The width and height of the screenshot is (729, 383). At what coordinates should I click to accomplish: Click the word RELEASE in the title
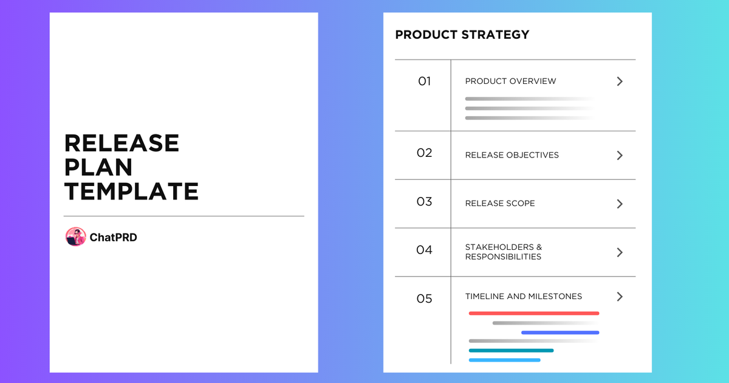click(122, 143)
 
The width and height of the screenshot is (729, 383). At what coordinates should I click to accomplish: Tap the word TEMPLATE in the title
click(131, 191)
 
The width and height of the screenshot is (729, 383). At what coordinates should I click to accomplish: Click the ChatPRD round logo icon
click(75, 237)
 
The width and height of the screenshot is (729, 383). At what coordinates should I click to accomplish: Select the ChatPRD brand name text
click(114, 238)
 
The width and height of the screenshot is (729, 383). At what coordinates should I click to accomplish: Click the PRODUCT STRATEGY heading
click(462, 35)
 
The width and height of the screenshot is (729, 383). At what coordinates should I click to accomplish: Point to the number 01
click(424, 81)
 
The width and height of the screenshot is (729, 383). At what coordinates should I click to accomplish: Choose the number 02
click(424, 153)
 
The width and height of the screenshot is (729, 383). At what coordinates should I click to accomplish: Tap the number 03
click(424, 202)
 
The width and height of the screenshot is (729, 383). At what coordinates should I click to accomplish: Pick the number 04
click(424, 250)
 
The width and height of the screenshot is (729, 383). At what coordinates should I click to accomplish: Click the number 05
click(424, 298)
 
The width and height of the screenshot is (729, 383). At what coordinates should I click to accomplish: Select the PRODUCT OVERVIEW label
click(510, 81)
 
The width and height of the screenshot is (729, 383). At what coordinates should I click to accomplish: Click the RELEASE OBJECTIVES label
click(512, 155)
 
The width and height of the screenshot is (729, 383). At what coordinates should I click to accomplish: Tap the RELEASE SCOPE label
click(500, 204)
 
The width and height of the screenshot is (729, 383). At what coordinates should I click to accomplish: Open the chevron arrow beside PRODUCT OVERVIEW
click(620, 81)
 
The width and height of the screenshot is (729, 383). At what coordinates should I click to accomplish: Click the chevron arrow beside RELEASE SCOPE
click(620, 204)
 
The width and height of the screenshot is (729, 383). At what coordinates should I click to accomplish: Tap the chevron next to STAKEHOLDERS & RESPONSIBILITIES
click(620, 252)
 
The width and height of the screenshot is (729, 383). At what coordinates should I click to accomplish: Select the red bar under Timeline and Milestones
click(534, 313)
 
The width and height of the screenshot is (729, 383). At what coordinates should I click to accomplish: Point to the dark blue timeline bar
click(560, 333)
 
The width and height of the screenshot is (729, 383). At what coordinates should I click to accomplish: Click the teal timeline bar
click(511, 350)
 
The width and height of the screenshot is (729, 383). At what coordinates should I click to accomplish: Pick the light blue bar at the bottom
click(504, 360)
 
